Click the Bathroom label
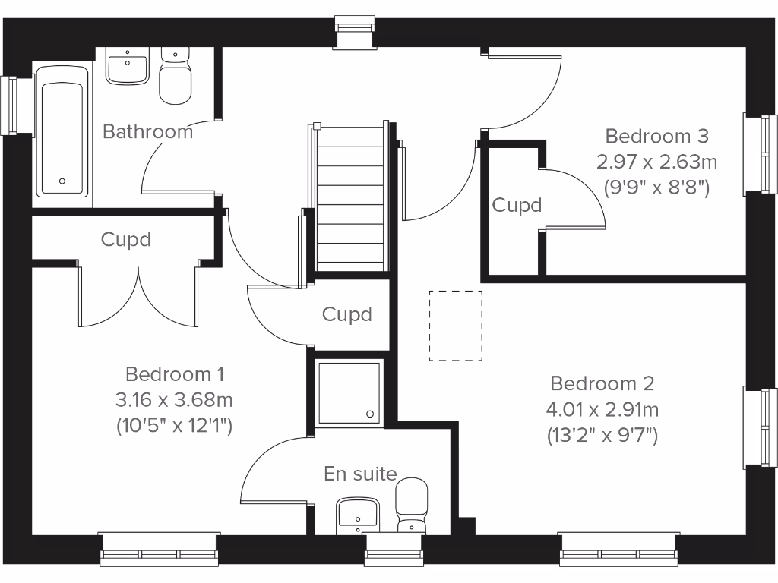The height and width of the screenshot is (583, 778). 147,131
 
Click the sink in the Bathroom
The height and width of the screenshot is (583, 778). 126,66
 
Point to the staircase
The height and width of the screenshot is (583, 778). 350,197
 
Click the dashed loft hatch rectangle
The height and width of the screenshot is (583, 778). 455,325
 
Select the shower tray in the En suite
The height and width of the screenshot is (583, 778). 349,392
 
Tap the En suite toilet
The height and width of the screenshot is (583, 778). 412,503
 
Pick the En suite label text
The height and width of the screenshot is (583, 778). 360,474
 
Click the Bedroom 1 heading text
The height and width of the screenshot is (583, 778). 175,374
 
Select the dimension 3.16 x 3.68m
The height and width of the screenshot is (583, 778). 174,399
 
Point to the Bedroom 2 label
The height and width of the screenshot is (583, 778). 602,383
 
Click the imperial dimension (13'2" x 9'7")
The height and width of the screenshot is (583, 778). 602,436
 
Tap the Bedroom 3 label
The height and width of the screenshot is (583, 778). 656,136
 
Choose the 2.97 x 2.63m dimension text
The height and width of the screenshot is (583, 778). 656,162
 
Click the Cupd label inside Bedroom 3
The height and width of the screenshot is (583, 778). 517,205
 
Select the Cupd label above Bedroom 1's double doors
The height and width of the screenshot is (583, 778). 126,240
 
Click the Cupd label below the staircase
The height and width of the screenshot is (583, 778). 347,314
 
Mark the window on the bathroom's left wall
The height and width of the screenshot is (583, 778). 9,106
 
